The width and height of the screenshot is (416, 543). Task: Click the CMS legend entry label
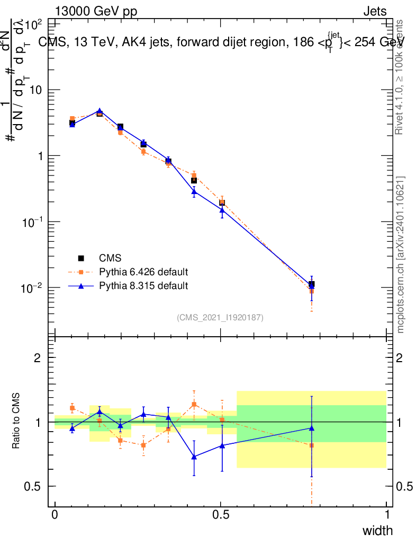(x=110, y=258)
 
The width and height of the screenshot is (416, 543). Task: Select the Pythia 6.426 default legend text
(x=143, y=273)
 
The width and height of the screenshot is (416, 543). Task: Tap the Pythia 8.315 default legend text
(x=143, y=286)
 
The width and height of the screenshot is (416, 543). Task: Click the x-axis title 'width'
(x=377, y=530)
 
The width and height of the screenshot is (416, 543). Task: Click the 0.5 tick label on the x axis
(x=221, y=514)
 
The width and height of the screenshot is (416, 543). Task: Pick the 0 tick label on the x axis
(x=55, y=514)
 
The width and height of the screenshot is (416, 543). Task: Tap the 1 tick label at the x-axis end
(x=387, y=514)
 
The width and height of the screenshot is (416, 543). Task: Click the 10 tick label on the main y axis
(x=35, y=90)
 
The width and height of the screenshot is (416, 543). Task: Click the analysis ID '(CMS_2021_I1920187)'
(x=220, y=317)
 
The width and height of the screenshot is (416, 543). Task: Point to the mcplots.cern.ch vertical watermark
(x=401, y=255)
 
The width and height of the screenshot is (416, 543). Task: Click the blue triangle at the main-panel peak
(x=99, y=111)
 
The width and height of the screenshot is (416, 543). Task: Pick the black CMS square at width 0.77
(x=312, y=284)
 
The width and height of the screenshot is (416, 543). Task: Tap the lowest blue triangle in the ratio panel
(x=194, y=457)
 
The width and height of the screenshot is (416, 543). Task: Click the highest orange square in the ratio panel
(x=194, y=404)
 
